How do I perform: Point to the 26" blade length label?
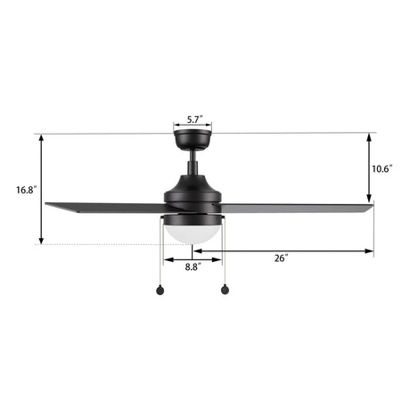coord(282,258)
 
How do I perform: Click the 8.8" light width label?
coord(193,266)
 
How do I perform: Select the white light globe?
coord(192,229)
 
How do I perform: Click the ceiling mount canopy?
coord(192,139)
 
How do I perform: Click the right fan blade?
coord(294,207)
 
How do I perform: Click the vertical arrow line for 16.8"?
coord(40,189)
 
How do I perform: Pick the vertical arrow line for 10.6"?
coord(369,168)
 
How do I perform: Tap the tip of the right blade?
coord(371,208)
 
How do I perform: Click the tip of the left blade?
coord(47,205)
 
